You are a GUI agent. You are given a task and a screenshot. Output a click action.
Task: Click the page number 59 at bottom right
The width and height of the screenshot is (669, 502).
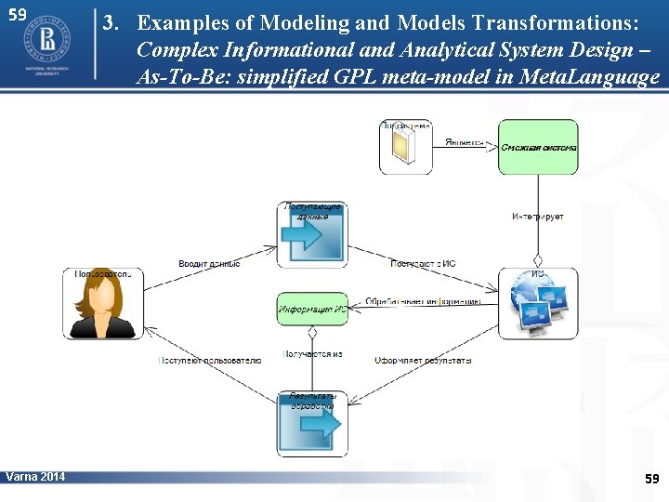click(x=651, y=479)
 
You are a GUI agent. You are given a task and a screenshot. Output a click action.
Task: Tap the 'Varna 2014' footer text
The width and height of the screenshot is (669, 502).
click(x=35, y=477)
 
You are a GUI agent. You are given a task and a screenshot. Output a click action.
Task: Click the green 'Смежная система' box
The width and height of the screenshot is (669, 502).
click(x=538, y=147)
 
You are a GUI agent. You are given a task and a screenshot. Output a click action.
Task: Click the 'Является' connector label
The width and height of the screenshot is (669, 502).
click(x=464, y=142)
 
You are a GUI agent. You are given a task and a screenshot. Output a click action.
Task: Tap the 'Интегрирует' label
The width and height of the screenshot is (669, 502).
click(x=537, y=217)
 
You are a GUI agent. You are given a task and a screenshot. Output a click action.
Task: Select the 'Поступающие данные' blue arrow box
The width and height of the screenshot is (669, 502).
click(x=312, y=233)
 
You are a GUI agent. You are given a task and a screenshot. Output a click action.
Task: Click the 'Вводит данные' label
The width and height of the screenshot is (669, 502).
click(x=209, y=264)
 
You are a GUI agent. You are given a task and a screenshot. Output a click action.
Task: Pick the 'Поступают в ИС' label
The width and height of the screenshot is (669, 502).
click(x=423, y=264)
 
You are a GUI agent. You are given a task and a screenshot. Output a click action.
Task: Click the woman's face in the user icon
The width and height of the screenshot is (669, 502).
click(x=102, y=297)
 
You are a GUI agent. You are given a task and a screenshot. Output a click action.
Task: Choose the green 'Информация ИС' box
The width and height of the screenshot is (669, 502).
click(x=312, y=309)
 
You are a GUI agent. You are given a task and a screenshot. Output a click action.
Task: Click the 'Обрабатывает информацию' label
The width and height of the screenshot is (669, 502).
click(x=423, y=301)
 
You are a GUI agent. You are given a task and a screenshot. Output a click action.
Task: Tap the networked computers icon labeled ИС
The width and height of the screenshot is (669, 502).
click(x=538, y=303)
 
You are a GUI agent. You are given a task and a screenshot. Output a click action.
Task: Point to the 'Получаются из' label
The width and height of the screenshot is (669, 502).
click(x=312, y=354)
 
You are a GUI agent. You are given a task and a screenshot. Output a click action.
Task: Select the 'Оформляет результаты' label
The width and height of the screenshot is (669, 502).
click(x=423, y=360)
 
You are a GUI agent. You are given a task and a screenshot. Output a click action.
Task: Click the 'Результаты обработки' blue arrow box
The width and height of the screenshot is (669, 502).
click(x=312, y=423)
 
